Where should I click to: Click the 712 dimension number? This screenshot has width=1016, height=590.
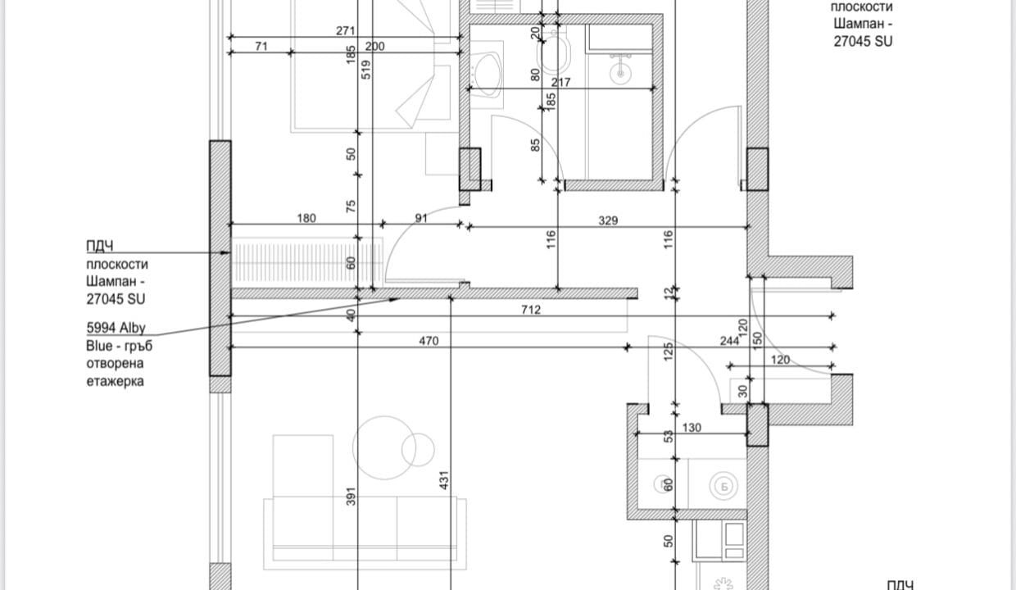tap(531, 310)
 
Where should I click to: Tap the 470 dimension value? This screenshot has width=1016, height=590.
tap(429, 341)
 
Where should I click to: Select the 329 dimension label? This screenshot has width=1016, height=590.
tap(608, 220)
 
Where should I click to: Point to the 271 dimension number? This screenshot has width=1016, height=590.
tap(346, 30)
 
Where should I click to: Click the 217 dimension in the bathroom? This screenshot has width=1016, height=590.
tap(560, 82)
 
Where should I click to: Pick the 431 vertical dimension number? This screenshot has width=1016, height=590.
tap(444, 480)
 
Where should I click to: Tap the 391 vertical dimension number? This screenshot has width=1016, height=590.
tap(351, 497)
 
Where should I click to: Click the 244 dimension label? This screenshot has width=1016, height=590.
tap(729, 341)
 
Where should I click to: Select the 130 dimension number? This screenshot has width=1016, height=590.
tap(692, 428)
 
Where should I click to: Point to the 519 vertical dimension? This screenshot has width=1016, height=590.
tap(366, 70)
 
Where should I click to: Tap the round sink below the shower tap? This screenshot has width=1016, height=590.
tap(620, 73)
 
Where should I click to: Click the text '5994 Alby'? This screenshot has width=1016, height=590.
tap(116, 328)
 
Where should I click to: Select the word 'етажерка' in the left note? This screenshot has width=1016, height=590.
tap(116, 381)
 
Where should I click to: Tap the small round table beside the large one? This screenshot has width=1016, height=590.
tap(418, 449)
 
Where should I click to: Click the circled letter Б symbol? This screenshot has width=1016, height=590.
tap(723, 486)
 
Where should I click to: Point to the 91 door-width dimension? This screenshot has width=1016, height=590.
tap(421, 218)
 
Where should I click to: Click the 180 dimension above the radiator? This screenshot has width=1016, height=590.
tap(306, 218)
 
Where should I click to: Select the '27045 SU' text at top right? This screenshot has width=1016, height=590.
tap(863, 41)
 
